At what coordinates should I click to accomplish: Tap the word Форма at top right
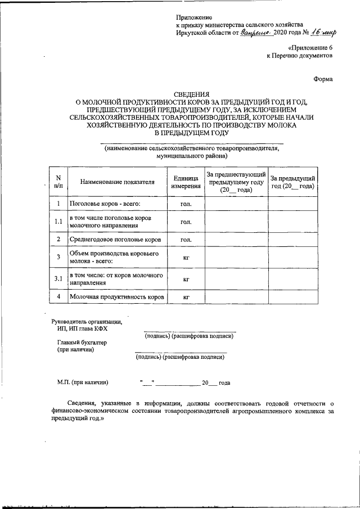coord(323,79)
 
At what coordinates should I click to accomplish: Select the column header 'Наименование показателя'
coord(117,182)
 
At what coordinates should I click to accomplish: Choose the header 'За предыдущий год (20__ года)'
coord(292,182)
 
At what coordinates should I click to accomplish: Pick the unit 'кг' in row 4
coord(186,296)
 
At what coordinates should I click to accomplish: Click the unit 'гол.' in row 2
coord(186,240)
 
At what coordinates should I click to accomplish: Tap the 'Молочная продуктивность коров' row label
coord(116,296)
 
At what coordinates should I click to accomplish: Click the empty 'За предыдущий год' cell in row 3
coord(292,258)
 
